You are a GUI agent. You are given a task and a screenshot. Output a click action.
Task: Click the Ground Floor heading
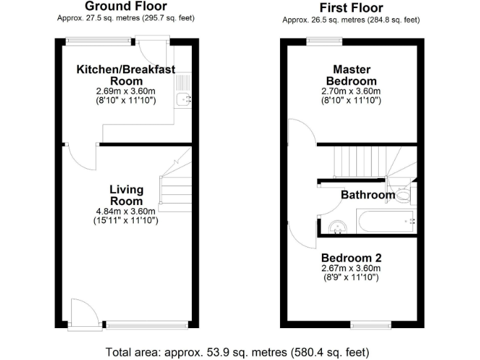coord(126,7)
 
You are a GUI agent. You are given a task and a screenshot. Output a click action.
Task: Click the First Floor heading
coord(351,7)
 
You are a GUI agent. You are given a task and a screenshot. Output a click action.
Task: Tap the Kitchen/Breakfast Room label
coord(126,75)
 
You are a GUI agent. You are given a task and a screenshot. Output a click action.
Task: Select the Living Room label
coord(126,195)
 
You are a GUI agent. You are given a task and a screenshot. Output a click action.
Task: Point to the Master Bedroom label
coord(351,75)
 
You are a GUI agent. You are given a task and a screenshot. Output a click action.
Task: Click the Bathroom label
coord(367,195)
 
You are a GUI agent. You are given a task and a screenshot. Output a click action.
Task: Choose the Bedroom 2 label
coord(351,257)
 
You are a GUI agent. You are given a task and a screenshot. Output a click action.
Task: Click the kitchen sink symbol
coord(183,98)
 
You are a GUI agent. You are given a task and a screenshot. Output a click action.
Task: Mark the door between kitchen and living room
coord(80,154)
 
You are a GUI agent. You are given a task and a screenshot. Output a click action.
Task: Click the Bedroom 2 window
coord(371,324)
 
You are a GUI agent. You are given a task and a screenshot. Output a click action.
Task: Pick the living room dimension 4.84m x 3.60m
coord(126,211)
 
